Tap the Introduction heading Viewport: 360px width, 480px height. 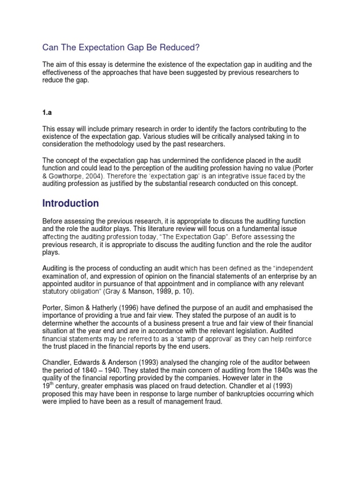[x=70, y=203]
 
